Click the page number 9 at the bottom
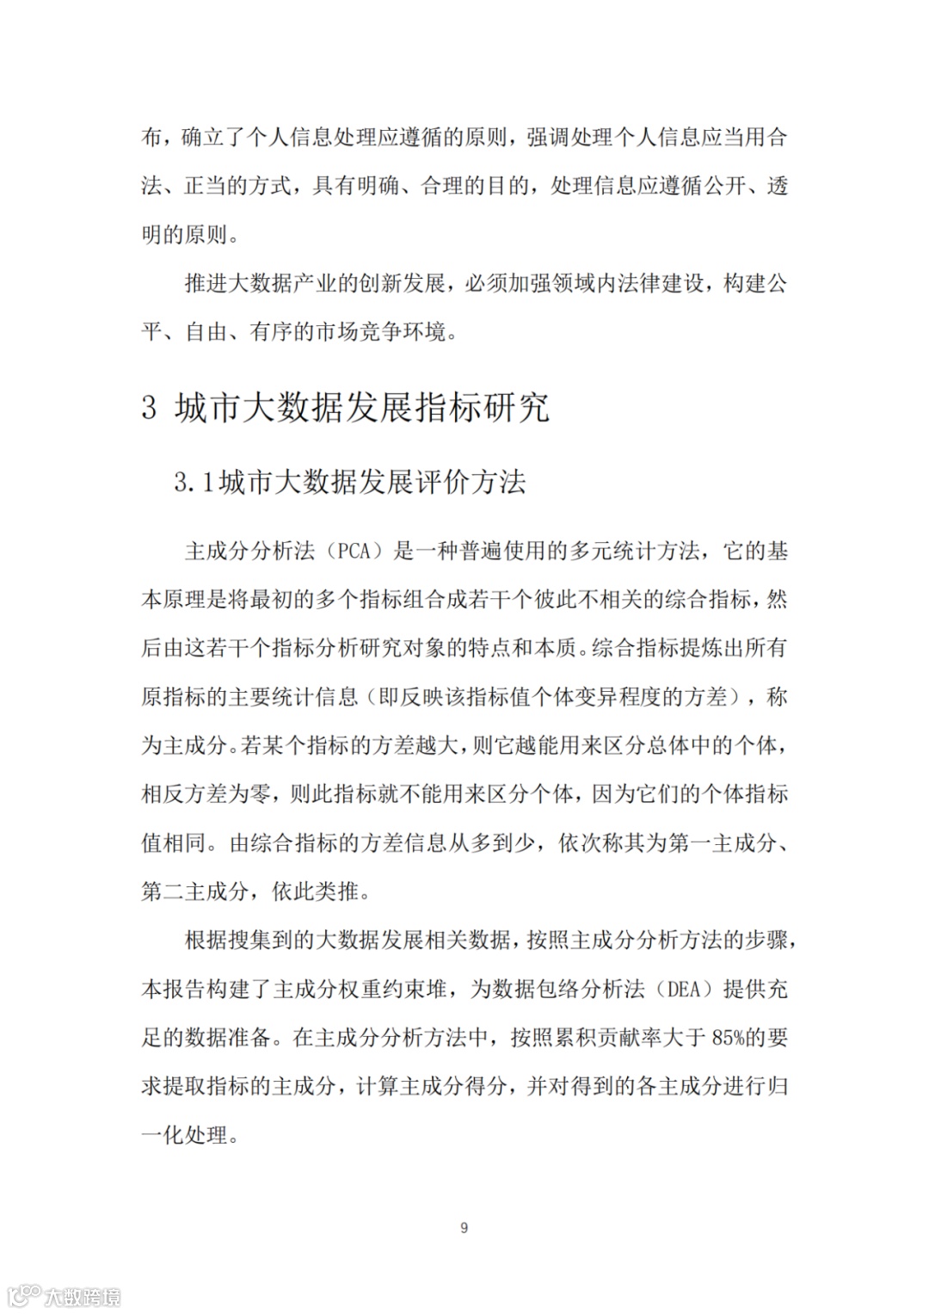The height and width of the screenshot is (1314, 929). [x=464, y=1228]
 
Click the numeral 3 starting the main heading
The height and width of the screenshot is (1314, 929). [x=150, y=408]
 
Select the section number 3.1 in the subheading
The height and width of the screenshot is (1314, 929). [x=194, y=483]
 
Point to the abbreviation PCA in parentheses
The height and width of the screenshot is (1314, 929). [x=354, y=552]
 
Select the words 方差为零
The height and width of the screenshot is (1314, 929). [x=228, y=794]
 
